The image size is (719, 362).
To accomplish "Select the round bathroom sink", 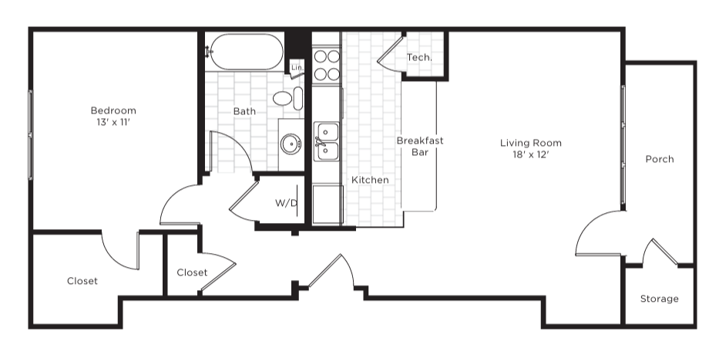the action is [x=291, y=144].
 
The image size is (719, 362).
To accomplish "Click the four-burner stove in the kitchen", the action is [x=327, y=66].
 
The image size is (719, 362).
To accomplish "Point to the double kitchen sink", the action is [x=327, y=141].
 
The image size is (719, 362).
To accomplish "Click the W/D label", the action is [x=286, y=203].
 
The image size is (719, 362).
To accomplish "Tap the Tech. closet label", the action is [x=419, y=57].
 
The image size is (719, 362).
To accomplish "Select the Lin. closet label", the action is [x=297, y=67].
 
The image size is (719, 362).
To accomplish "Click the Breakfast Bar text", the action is [x=420, y=146].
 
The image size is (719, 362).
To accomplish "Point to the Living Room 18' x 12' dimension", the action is [x=530, y=155].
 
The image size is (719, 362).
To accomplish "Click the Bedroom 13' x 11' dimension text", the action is [x=113, y=122].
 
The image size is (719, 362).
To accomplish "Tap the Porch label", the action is [x=660, y=159].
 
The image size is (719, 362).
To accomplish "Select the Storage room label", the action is [x=660, y=299].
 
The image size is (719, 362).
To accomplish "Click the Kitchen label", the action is [x=370, y=180].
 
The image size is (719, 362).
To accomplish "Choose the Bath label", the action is [x=244, y=111].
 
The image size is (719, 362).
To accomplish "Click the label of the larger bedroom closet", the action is [x=82, y=281].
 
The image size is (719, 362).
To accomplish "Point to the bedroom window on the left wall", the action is [x=31, y=134].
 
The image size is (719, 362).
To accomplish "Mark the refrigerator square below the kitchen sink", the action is [x=328, y=205].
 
